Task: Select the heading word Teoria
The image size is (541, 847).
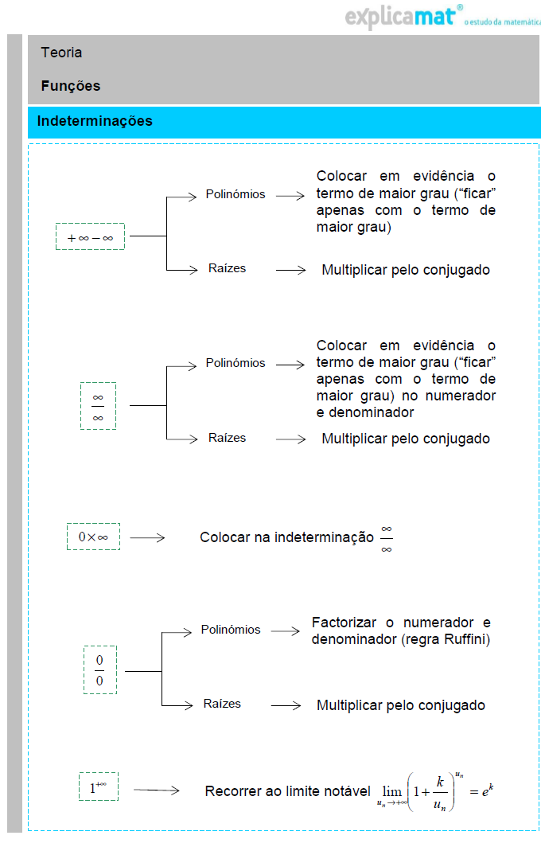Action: [62, 53]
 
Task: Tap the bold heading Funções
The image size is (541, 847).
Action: [71, 86]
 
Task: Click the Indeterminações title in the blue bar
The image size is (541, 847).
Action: [95, 121]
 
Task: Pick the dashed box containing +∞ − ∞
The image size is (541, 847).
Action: [90, 236]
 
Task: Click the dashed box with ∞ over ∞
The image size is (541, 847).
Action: [98, 406]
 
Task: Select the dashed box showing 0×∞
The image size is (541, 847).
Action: [93, 537]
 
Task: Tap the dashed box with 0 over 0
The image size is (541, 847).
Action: [99, 670]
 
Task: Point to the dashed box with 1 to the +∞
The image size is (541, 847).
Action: [99, 786]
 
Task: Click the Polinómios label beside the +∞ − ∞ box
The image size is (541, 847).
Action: [235, 194]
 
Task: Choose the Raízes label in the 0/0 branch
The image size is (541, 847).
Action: [222, 704]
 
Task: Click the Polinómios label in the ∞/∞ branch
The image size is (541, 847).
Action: [235, 363]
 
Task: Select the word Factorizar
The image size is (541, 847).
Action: [343, 623]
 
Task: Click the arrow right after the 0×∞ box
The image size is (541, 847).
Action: [147, 538]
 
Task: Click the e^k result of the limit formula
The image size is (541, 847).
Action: [491, 791]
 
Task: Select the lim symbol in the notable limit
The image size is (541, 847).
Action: [392, 792]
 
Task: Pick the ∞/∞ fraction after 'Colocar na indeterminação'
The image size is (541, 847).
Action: [387, 538]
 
